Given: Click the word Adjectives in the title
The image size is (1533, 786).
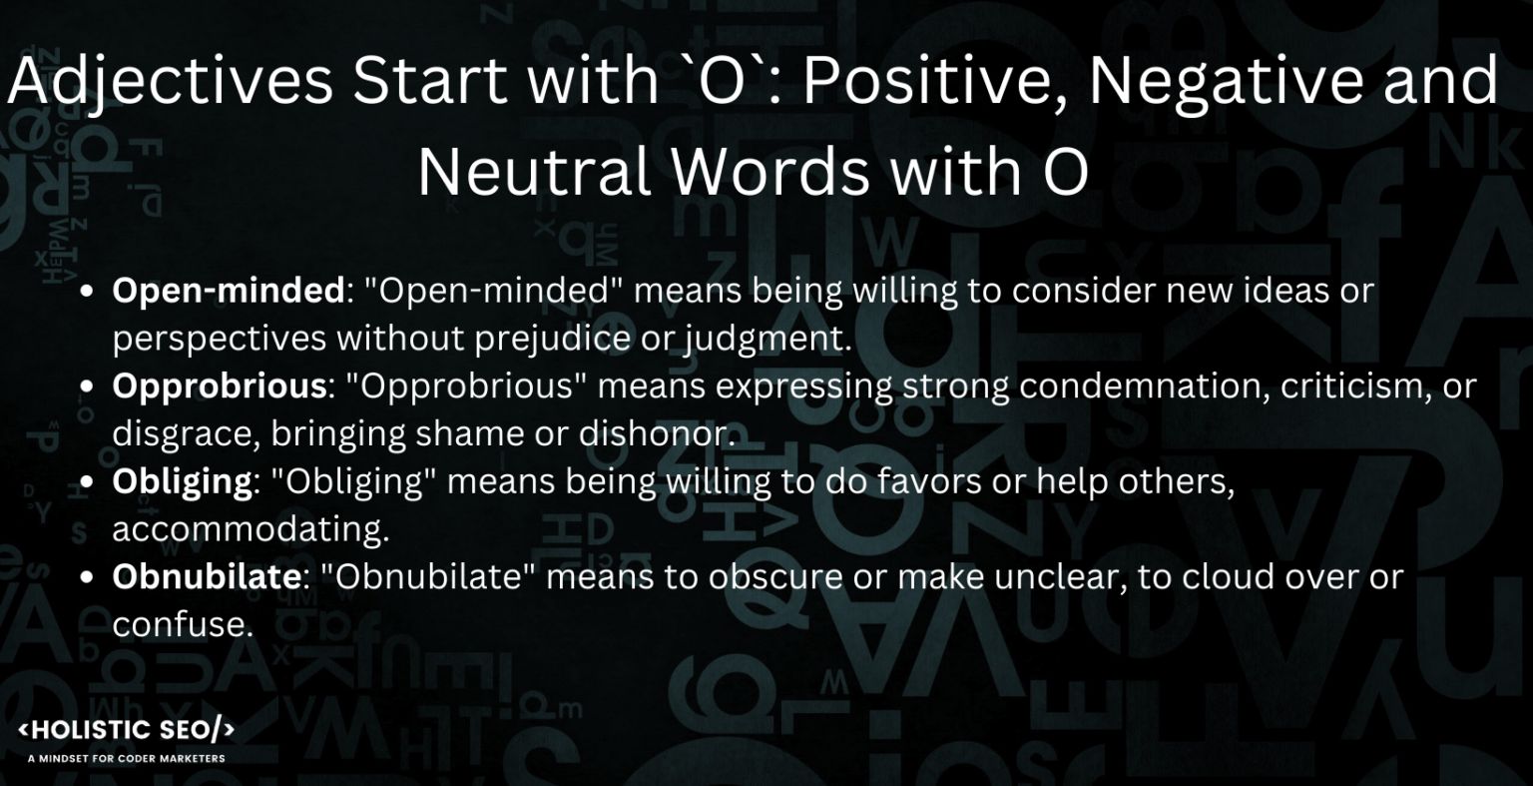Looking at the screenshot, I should (170, 82).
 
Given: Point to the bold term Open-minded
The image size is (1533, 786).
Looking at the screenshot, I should (228, 291).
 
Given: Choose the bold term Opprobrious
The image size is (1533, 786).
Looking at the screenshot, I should (220, 387).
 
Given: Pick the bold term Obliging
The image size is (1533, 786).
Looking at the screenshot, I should (182, 481).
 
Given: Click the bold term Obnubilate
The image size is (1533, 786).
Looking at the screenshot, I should (206, 577).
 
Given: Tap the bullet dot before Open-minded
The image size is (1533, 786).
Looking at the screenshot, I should (88, 292).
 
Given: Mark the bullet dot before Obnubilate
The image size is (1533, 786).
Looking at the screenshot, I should (88, 578).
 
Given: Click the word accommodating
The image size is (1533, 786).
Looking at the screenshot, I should (250, 530).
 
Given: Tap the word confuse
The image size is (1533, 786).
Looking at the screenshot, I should (179, 625).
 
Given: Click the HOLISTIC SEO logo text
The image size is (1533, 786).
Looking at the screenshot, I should (127, 730).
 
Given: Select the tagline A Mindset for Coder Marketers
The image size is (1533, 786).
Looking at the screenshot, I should (127, 758).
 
